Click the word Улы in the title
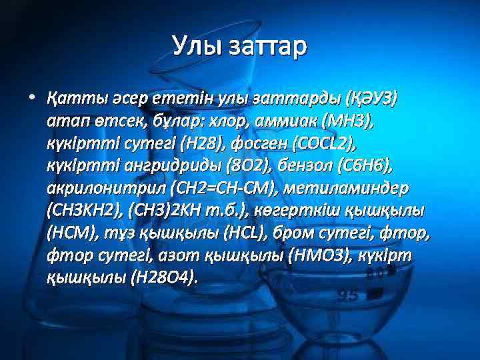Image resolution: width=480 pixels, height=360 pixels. [x=196, y=46]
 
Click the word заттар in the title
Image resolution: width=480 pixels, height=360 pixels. [x=267, y=46]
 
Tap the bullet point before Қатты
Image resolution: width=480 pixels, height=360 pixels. [x=31, y=97]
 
